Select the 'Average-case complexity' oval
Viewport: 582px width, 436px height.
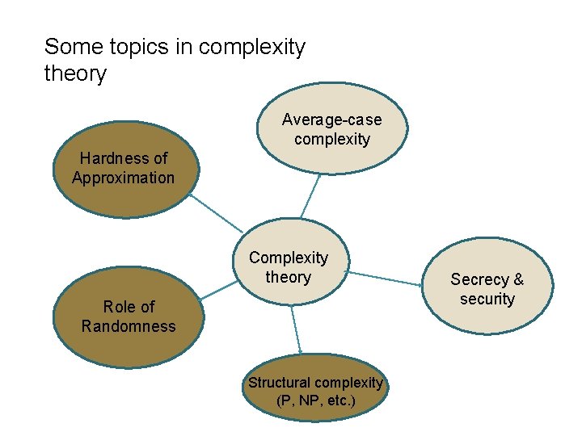332,129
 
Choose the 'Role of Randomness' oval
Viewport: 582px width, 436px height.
128,317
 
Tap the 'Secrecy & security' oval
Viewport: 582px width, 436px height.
487,289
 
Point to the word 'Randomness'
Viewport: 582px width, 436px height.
128,326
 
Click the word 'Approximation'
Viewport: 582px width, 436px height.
123,178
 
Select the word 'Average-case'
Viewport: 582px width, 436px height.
332,119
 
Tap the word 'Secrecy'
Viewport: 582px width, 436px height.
479,279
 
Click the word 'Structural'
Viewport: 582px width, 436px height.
280,383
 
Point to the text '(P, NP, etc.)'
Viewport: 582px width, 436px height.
315,400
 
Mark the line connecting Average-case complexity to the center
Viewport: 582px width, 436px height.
310,195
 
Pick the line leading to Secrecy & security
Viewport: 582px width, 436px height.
386,278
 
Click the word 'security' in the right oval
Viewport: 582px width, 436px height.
487,299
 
